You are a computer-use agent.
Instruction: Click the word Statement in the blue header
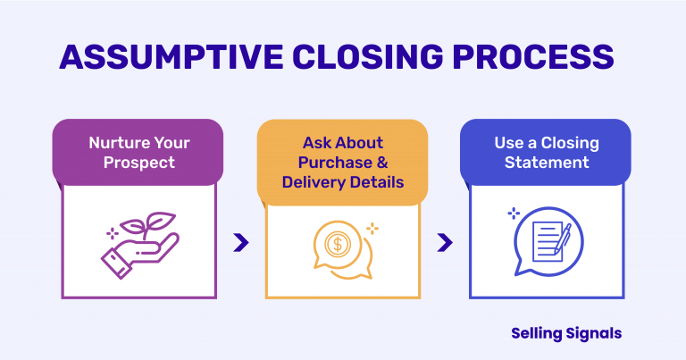point(546,163)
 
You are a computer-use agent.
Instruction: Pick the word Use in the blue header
point(509,143)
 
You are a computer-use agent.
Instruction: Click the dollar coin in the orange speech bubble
point(337,243)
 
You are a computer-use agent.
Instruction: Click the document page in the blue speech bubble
point(544,241)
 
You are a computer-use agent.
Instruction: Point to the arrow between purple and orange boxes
point(240,242)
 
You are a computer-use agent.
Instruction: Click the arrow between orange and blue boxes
point(444,242)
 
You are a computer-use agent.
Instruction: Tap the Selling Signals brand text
point(566,333)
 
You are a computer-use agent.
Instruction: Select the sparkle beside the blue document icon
point(514,213)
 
